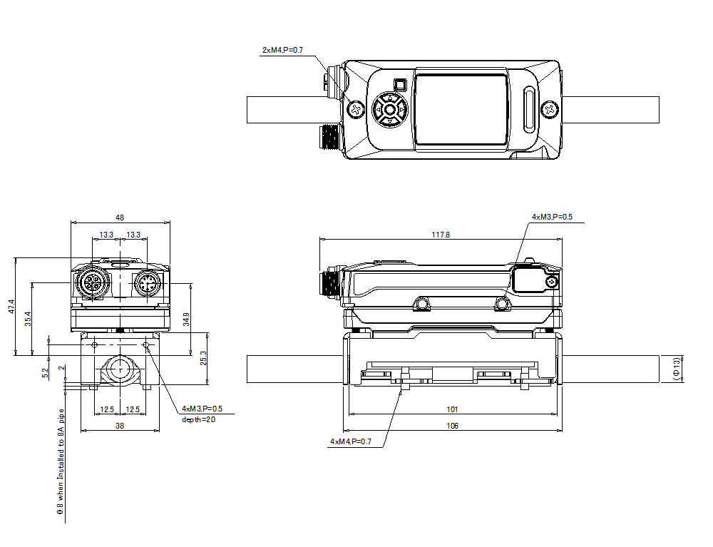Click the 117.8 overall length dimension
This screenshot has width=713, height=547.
(x=441, y=234)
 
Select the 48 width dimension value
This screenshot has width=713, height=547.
(x=120, y=218)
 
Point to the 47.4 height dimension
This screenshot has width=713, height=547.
(x=11, y=307)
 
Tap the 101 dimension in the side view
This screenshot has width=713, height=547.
(x=452, y=409)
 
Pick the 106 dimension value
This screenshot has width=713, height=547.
(x=452, y=426)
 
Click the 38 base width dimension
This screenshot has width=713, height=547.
(x=120, y=426)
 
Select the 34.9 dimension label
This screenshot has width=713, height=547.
(x=187, y=319)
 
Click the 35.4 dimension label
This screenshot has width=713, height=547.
(x=28, y=319)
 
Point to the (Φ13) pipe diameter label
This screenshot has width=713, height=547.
(x=677, y=369)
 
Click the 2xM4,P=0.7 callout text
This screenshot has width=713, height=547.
(x=282, y=50)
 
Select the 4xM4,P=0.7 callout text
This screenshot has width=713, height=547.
(x=351, y=442)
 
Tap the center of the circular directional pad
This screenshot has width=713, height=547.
(x=389, y=109)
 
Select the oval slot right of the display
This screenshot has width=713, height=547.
(x=529, y=109)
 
